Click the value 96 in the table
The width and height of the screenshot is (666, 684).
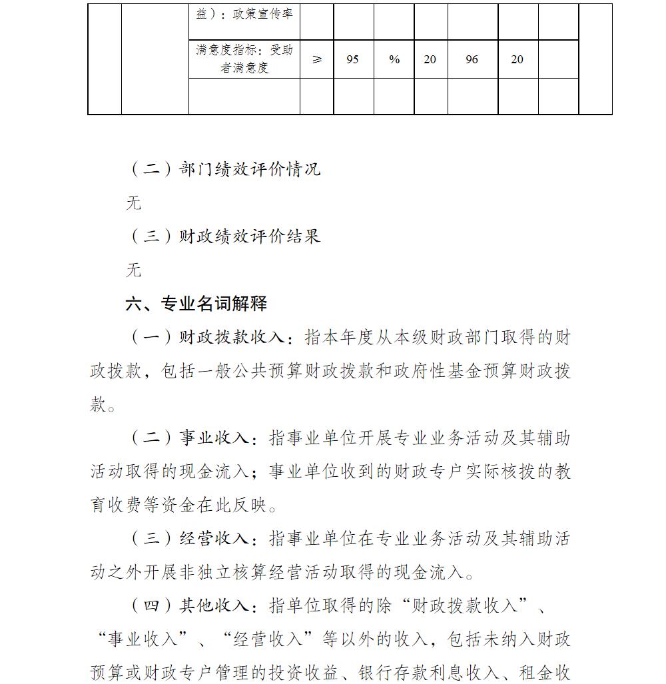click(472, 60)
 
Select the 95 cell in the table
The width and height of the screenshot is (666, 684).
click(353, 60)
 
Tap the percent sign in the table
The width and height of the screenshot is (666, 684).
click(394, 60)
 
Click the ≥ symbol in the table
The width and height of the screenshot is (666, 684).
click(317, 60)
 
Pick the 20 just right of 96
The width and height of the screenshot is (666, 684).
click(517, 60)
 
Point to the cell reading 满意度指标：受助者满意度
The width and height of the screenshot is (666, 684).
click(244, 59)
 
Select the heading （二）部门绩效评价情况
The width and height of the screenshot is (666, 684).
click(224, 169)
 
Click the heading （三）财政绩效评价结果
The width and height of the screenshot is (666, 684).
click(224, 236)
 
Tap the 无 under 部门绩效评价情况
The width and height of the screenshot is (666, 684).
click(134, 203)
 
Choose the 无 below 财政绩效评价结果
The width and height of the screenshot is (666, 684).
click(134, 270)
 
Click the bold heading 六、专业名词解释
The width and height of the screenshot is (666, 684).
click(196, 304)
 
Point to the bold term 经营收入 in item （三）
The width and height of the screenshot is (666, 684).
click(214, 539)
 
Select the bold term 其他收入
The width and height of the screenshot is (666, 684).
click(214, 606)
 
